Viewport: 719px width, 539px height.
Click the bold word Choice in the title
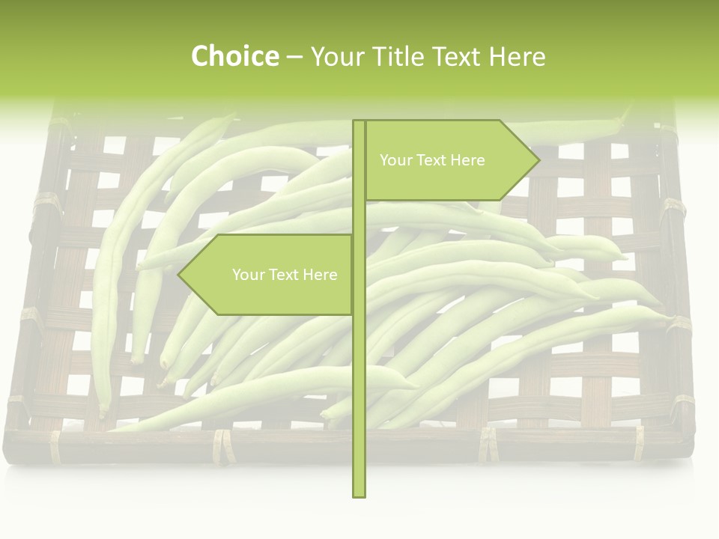(x=234, y=57)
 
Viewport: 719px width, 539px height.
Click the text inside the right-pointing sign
(x=432, y=160)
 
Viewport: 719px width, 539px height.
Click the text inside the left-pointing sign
(x=285, y=275)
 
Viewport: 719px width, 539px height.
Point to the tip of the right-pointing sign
(x=538, y=160)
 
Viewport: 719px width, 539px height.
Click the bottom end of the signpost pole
(x=359, y=494)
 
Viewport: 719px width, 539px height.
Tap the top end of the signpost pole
(x=359, y=123)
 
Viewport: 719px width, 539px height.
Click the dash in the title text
(x=294, y=57)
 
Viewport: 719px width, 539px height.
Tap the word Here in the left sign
(x=320, y=275)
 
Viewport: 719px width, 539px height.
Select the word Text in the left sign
(x=282, y=275)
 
